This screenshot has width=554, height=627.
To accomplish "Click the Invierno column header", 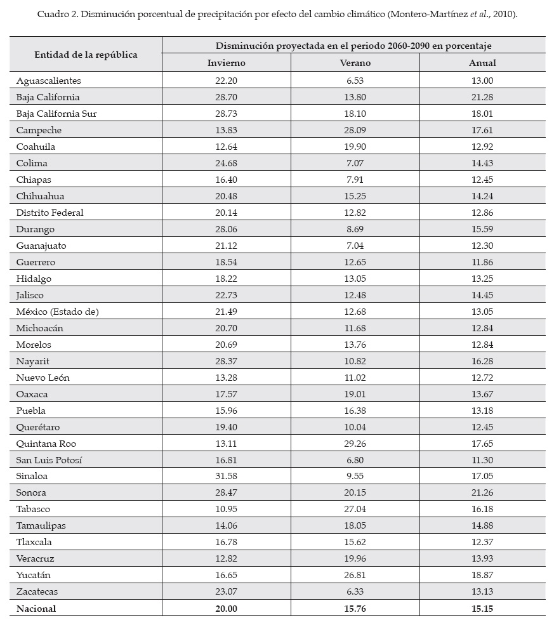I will [x=226, y=63].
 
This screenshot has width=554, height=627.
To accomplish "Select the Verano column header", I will [x=355, y=63].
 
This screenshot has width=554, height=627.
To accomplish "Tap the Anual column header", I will [x=482, y=63].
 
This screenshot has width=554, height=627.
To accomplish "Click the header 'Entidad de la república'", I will [x=86, y=55].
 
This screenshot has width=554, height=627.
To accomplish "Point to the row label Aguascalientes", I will [x=49, y=81].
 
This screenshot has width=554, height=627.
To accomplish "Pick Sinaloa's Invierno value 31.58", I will [x=226, y=476].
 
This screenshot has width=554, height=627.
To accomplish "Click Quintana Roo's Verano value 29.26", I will [x=355, y=443].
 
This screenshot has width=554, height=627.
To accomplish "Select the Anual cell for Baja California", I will [x=482, y=97].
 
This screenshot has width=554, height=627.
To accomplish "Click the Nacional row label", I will [x=36, y=609].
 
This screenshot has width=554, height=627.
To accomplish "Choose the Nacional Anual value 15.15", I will [x=482, y=609].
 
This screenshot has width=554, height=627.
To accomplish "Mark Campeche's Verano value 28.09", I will [x=355, y=130].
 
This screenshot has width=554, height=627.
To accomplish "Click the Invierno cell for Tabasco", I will [x=226, y=509].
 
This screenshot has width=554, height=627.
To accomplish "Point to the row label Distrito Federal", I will [x=50, y=213].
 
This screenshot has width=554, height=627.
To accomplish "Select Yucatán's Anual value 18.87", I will [x=482, y=575].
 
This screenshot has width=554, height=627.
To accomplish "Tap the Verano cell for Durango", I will [x=355, y=229].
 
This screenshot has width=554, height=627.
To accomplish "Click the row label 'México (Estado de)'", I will [x=58, y=312].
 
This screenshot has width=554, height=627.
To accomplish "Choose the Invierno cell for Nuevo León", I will [x=226, y=378].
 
